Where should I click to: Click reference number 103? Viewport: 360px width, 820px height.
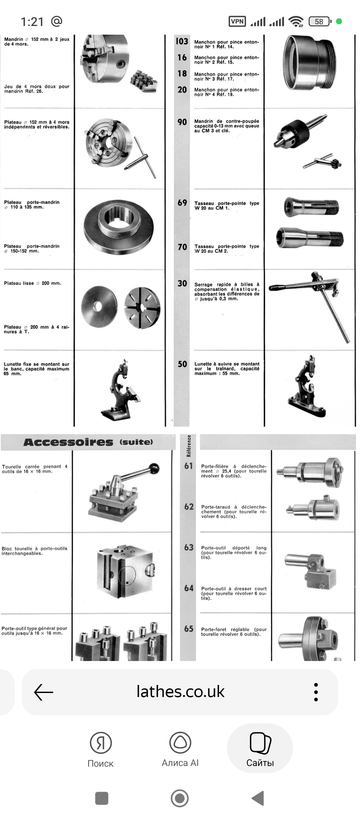(x=182, y=41)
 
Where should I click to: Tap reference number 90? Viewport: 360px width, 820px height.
(x=182, y=122)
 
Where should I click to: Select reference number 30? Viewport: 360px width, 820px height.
(x=182, y=283)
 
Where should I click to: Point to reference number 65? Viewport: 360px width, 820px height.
(x=189, y=629)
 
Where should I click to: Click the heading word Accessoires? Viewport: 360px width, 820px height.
(x=68, y=442)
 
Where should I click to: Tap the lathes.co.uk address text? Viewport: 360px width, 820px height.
(x=180, y=692)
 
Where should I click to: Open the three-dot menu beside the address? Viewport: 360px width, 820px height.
(x=316, y=692)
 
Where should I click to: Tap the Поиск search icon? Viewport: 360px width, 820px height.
(x=101, y=743)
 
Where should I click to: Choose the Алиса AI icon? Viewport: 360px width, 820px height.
(x=180, y=742)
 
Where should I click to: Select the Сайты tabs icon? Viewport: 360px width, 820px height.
(x=260, y=743)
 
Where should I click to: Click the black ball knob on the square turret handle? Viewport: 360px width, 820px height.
(x=154, y=468)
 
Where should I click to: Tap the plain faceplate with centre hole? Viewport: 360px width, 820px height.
(x=99, y=307)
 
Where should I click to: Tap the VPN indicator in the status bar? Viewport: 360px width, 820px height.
(x=237, y=21)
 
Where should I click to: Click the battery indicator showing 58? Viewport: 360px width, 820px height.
(x=320, y=21)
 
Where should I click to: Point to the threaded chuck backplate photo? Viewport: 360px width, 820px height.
(x=119, y=227)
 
